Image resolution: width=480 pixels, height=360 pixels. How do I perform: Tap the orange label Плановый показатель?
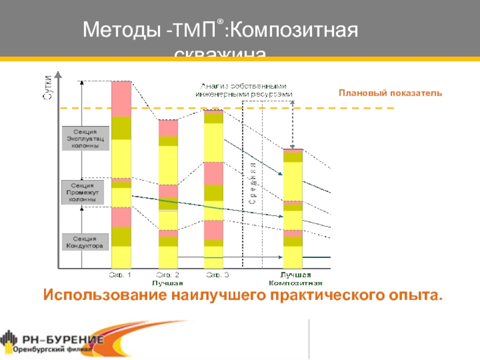(390, 93)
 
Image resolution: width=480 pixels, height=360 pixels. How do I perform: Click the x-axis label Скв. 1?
(120, 275)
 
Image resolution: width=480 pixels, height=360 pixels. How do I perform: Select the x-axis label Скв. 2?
(167, 275)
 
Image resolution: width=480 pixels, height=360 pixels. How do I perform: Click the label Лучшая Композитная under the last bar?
(296, 279)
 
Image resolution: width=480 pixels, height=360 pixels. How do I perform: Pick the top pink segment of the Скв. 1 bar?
(121, 98)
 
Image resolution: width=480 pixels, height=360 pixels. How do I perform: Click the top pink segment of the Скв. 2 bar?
(168, 128)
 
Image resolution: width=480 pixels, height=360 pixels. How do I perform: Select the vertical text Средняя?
(253, 184)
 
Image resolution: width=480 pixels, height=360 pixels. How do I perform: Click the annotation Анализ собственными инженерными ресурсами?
(243, 90)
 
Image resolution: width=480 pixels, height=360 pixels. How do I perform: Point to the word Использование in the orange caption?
(105, 295)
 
